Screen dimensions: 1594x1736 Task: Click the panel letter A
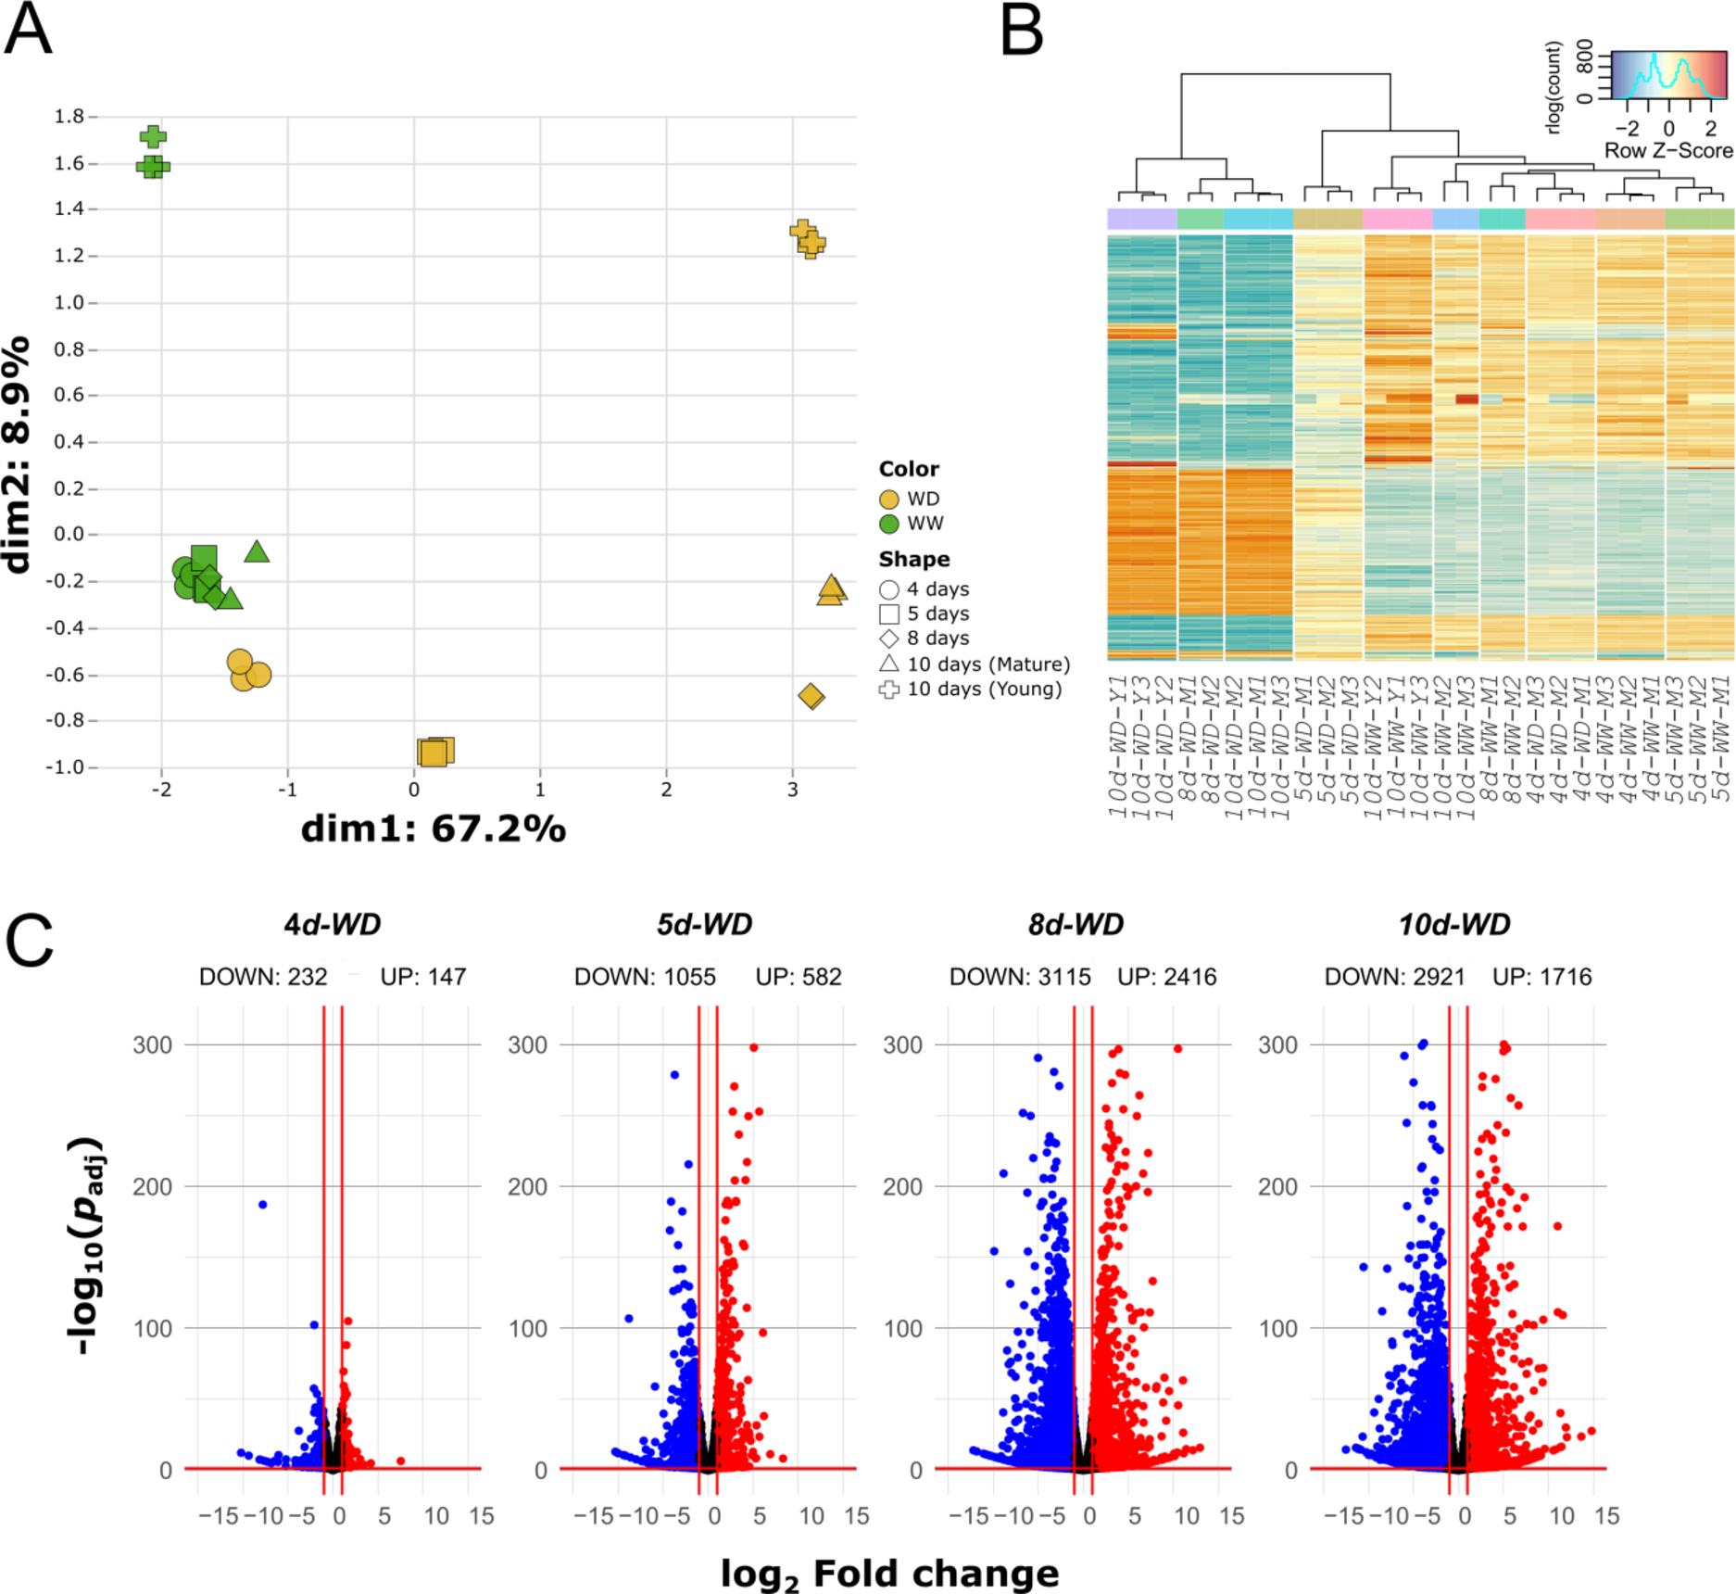28,30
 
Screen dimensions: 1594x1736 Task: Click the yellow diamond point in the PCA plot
811,696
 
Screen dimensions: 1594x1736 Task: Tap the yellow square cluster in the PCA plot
434,752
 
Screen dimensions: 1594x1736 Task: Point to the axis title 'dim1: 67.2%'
433,829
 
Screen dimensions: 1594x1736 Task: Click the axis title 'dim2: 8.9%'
17,455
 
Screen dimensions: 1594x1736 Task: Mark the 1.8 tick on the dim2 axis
69,117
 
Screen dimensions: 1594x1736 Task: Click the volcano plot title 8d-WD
1076,924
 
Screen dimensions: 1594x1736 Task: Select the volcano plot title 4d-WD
332,924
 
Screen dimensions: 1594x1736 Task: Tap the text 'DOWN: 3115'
1020,977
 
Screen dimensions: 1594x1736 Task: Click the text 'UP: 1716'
1542,977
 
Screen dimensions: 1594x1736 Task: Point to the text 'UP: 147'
423,977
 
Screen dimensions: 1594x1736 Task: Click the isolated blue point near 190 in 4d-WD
263,1205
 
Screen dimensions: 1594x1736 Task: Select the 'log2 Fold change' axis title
889,1574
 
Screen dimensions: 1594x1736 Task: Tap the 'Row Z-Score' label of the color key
1668,150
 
